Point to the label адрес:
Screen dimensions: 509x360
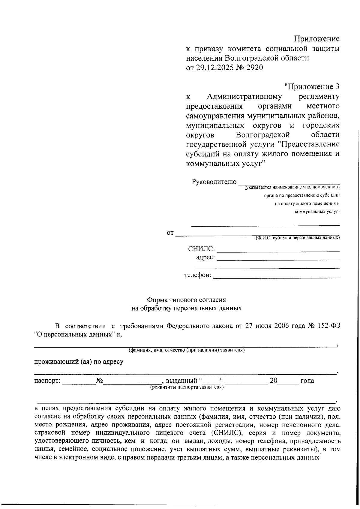(x=205, y=258)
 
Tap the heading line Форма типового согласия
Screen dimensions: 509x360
(x=186, y=300)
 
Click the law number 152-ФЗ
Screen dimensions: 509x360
(x=328, y=326)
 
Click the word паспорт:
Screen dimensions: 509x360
(x=47, y=381)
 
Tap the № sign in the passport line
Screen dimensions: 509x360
(x=99, y=381)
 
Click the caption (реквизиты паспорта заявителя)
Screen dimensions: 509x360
(x=187, y=387)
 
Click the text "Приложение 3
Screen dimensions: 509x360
(x=312, y=87)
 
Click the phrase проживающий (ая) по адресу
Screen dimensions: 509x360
(x=79, y=362)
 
